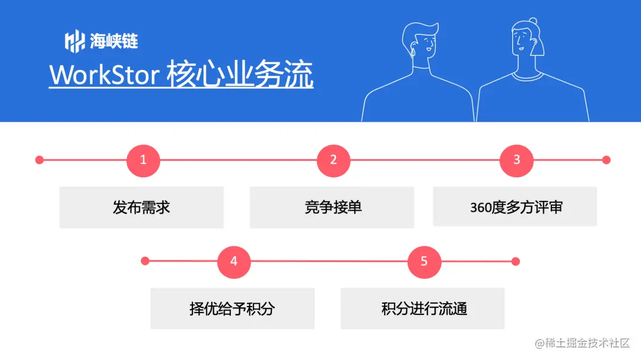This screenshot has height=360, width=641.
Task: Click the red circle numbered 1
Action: tap(143, 160)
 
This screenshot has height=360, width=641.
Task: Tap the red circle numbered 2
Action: tap(334, 160)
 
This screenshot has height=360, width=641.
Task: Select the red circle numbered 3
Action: tap(516, 160)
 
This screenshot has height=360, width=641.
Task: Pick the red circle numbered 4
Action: tap(234, 262)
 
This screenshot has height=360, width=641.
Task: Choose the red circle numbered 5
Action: tap(424, 262)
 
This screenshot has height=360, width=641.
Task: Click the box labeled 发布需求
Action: tap(141, 208)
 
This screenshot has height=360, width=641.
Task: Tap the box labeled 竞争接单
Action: tap(332, 208)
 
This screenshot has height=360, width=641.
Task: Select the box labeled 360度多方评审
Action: tap(515, 208)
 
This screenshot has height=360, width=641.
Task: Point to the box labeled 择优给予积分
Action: tap(232, 309)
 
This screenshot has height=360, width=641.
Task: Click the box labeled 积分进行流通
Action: tap(423, 309)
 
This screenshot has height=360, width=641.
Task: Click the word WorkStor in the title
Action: tap(104, 76)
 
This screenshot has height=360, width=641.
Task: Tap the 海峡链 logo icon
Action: tap(74, 41)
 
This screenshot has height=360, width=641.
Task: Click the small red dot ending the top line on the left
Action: tap(39, 160)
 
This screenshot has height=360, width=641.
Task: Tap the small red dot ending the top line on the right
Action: tap(606, 160)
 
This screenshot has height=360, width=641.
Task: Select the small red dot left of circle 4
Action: tap(145, 261)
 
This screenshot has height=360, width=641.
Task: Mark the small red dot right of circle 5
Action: tap(515, 262)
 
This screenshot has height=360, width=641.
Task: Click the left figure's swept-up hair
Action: tap(423, 30)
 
